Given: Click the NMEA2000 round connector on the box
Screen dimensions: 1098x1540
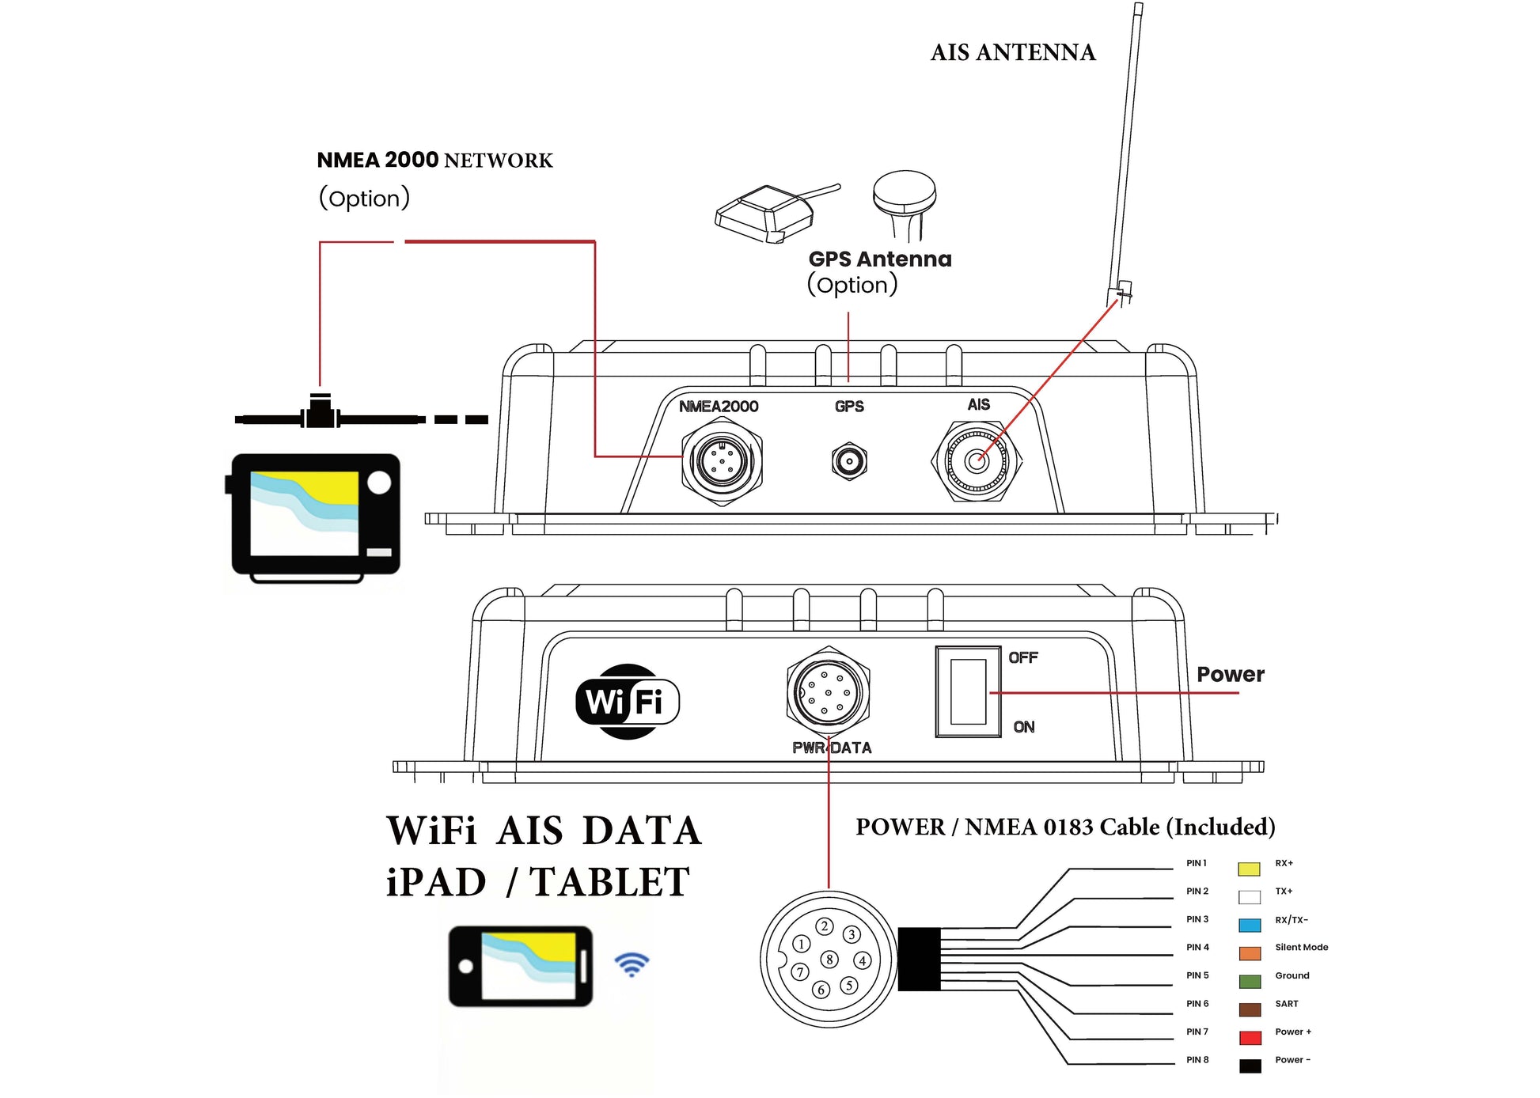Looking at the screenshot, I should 722,461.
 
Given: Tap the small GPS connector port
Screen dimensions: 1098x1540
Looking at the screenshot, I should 849,461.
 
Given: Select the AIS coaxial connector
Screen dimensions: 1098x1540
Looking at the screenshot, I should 977,461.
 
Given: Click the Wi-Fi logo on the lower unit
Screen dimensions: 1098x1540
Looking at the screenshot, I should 627,702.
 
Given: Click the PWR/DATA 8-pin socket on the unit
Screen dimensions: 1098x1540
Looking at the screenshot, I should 828,691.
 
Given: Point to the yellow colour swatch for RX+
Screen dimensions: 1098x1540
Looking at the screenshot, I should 1249,869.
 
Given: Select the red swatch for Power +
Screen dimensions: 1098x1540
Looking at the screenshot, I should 1250,1037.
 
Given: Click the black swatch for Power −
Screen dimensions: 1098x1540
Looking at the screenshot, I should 1250,1066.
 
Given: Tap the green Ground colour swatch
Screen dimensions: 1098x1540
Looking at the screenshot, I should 1250,981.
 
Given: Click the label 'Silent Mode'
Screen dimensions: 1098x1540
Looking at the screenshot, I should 1301,947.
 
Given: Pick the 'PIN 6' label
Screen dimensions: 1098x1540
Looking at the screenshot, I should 1197,1003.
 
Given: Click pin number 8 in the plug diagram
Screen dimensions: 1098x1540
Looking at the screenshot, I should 829,960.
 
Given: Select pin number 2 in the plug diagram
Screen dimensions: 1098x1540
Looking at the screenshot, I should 825,926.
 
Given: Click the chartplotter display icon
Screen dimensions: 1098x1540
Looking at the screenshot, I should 316,515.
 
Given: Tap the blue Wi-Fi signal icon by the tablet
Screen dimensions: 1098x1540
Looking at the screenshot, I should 632,964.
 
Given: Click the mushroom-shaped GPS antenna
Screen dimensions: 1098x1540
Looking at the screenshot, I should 905,203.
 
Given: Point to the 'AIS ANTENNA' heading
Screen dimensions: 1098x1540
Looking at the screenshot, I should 1013,52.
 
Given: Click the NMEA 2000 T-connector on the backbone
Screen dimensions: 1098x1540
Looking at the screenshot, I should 320,412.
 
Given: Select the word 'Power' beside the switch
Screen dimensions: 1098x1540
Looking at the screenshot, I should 1230,674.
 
